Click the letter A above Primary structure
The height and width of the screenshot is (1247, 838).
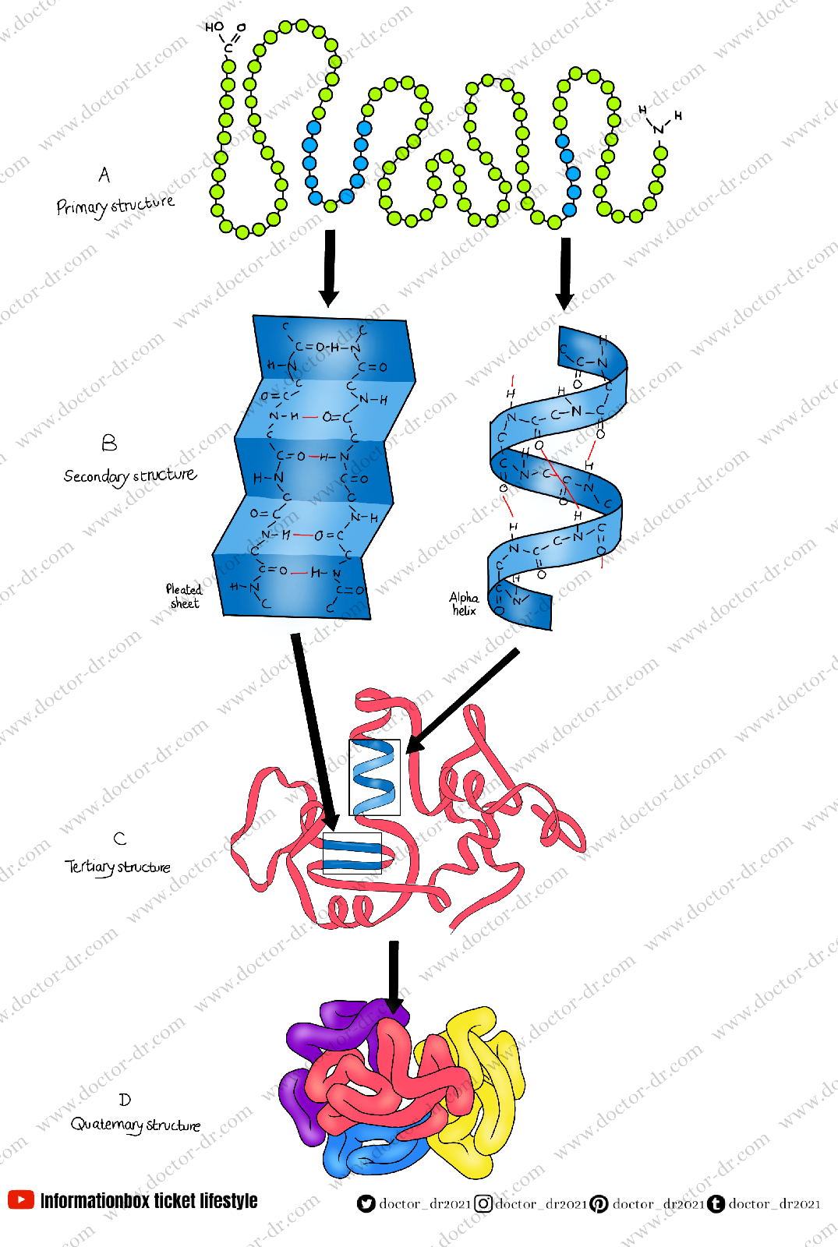click(104, 175)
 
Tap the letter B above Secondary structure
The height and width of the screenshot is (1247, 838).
click(109, 443)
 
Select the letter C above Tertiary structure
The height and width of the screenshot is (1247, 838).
click(119, 839)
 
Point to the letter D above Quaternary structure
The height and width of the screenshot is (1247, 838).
click(125, 1100)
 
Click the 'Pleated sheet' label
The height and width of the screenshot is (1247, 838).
click(184, 596)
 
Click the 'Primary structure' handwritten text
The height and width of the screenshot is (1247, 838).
click(115, 206)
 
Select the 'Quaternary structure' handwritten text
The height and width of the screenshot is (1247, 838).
click(136, 1125)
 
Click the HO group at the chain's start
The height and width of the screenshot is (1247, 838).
click(214, 27)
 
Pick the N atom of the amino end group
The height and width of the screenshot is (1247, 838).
click(659, 129)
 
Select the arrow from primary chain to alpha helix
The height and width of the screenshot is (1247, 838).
click(565, 273)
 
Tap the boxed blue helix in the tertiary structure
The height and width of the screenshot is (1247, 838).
click(374, 777)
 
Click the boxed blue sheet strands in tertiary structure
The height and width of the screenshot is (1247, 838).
click(352, 853)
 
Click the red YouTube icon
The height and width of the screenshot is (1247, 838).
click(21, 1199)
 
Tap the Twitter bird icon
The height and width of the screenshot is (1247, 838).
click(366, 1204)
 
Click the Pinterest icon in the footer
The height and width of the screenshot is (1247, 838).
click(599, 1204)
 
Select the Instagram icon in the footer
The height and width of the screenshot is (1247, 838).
click(483, 1204)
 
